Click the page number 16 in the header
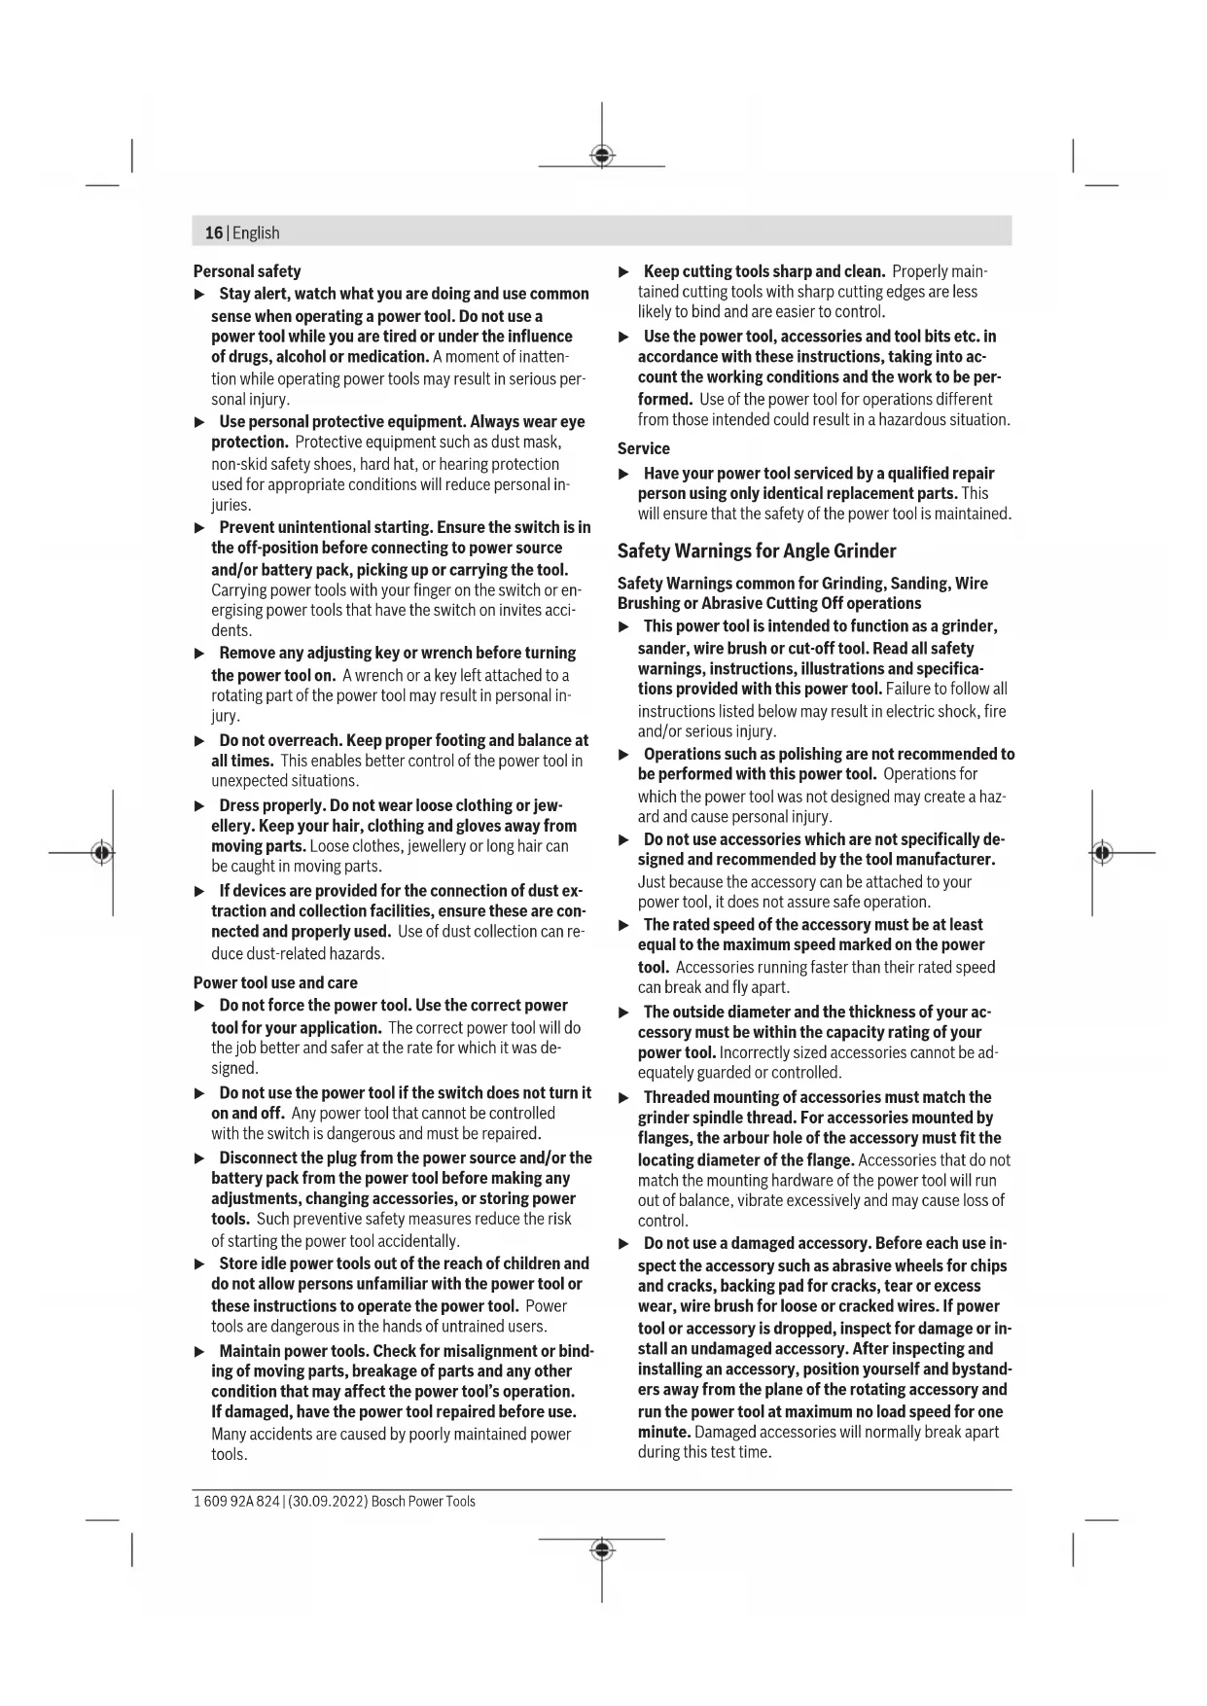click(213, 233)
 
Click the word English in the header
click(256, 233)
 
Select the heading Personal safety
click(247, 271)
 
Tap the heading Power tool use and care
click(275, 982)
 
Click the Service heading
click(644, 448)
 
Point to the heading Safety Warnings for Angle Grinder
click(757, 551)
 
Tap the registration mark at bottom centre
click(602, 1549)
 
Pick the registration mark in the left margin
click(101, 853)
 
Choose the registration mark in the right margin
click(1102, 853)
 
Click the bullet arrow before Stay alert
click(200, 294)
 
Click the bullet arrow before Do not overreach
click(200, 741)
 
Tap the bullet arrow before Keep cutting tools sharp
click(624, 271)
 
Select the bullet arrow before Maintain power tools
click(200, 1351)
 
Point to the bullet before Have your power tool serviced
click(624, 474)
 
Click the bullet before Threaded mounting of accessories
click(624, 1097)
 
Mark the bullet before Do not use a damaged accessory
click(624, 1244)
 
